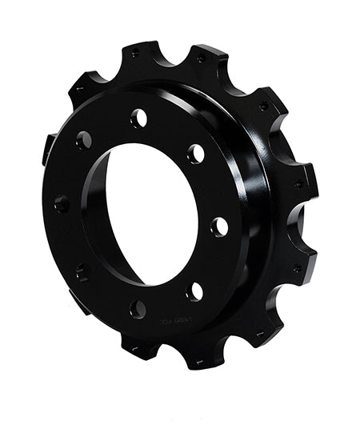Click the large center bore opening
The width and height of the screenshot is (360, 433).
click(152, 215)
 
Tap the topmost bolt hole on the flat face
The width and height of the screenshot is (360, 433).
click(139, 118)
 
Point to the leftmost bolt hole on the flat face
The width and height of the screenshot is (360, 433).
click(61, 203)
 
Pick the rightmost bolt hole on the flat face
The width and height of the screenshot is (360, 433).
click(218, 227)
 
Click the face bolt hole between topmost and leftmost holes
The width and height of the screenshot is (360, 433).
click(83, 140)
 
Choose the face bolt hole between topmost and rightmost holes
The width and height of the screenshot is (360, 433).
click(196, 154)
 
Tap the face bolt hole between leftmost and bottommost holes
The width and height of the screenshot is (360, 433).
click(82, 272)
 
